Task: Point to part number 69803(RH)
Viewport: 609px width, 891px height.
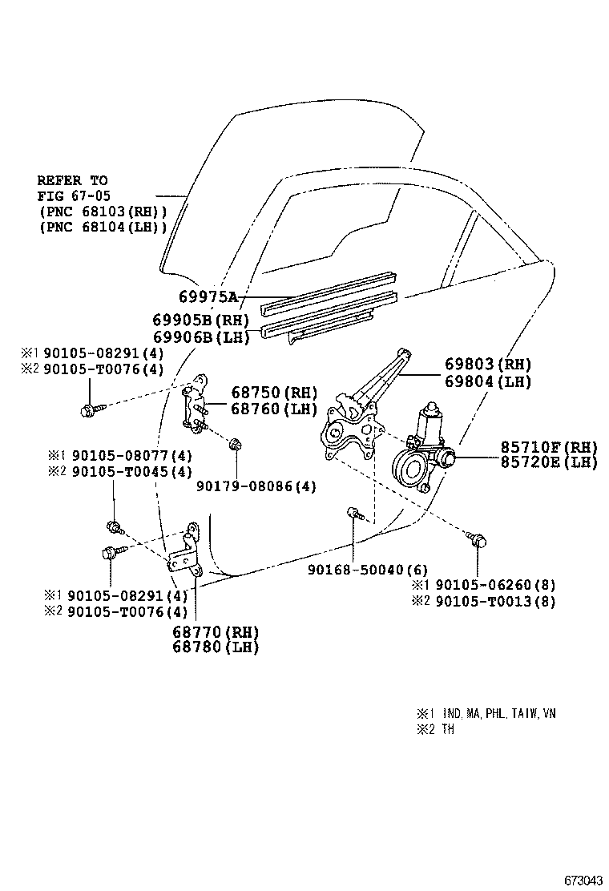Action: point(488,365)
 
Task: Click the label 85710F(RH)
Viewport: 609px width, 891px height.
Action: point(549,446)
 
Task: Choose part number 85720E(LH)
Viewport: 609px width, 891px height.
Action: point(549,462)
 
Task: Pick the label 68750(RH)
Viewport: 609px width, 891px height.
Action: point(274,393)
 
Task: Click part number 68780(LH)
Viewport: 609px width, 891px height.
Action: point(216,647)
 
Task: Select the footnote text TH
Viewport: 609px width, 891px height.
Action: point(446,730)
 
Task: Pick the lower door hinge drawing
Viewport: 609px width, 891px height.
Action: point(187,553)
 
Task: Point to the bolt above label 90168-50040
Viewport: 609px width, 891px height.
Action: point(353,513)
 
